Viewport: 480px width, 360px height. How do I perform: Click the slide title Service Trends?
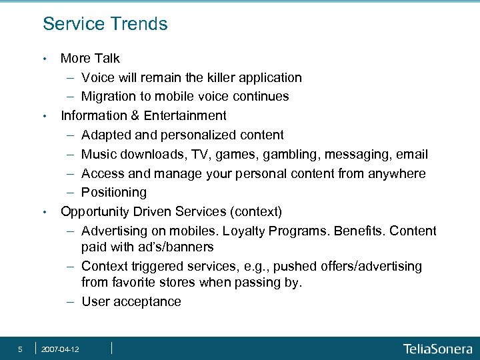point(105,25)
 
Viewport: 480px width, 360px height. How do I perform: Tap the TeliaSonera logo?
point(437,349)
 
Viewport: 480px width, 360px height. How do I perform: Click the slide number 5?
point(21,349)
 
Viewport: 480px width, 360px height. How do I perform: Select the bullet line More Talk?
point(90,59)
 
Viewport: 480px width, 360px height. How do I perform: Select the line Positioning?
point(113,193)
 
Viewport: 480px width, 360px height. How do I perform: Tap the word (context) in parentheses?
point(257,212)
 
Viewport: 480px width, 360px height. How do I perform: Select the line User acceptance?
point(131,302)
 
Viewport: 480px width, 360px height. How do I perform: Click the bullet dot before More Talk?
point(45,59)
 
